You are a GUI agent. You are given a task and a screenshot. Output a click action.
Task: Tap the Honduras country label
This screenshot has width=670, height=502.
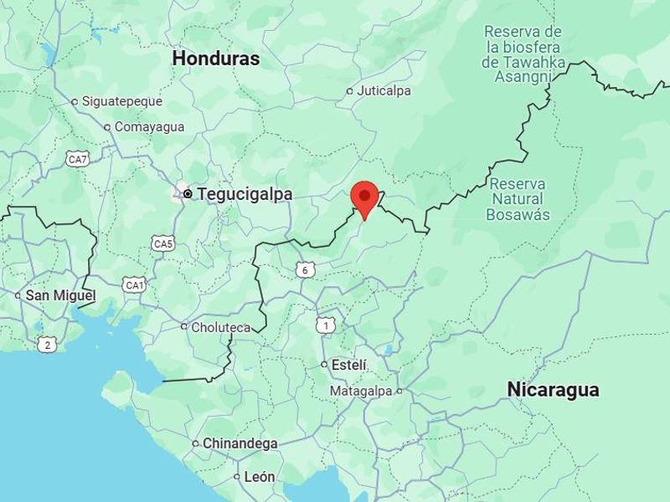(216, 59)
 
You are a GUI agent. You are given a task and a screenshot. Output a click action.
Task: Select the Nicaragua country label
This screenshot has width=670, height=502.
(553, 389)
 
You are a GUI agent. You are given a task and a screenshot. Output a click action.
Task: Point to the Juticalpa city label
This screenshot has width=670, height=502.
(384, 91)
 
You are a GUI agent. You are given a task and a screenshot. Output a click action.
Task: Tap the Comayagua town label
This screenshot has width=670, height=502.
(148, 127)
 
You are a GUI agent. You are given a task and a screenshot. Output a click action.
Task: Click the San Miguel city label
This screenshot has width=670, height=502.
(60, 295)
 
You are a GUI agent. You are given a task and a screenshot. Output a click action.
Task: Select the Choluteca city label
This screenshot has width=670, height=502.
(220, 327)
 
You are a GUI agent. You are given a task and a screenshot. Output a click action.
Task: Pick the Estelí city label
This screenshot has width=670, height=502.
(349, 365)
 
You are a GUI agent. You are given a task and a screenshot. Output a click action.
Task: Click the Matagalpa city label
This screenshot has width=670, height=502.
(361, 391)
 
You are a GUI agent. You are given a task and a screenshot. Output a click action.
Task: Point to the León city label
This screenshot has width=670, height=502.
(259, 477)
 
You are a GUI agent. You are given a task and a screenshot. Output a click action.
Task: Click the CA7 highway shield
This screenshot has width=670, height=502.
(77, 158)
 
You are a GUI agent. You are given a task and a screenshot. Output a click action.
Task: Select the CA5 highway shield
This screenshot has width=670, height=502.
(163, 243)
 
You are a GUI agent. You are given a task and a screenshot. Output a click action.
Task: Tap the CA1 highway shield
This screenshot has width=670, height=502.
(134, 285)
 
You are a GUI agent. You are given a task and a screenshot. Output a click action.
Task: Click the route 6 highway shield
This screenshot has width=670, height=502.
(306, 269)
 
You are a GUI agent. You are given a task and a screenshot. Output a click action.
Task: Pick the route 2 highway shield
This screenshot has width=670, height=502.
(47, 343)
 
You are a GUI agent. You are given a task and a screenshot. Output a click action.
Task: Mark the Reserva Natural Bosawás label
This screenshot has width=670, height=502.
(518, 199)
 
